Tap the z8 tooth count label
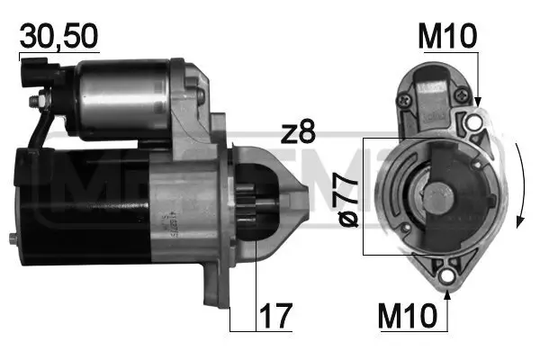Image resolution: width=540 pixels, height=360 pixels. [x=297, y=133]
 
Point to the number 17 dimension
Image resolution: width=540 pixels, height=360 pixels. [x=274, y=318]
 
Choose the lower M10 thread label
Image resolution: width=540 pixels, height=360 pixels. [x=410, y=317]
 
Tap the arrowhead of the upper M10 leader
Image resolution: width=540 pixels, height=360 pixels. [x=477, y=106]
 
